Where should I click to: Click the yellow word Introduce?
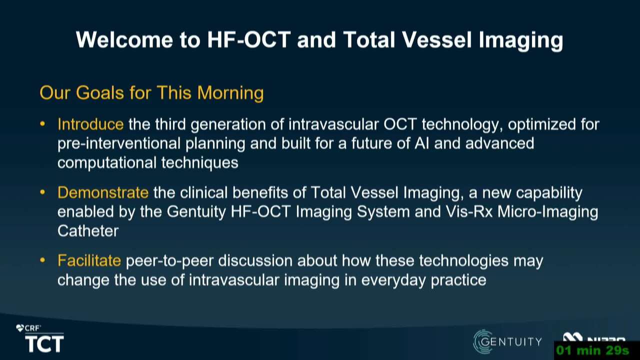point(90,124)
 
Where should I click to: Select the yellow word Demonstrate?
point(103,192)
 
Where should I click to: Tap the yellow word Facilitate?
point(89,260)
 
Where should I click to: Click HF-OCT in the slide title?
point(249,39)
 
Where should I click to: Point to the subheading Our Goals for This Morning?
point(151,93)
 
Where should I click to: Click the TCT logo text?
point(44,343)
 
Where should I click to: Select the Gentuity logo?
point(507,341)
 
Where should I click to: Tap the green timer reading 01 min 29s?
point(592,350)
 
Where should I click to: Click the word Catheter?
point(88,231)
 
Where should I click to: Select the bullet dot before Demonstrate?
point(42,192)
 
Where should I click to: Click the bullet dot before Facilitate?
point(42,260)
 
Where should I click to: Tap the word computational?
point(107,163)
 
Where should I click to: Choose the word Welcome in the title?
point(124,39)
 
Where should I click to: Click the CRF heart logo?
point(20,328)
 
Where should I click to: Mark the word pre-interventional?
point(119,143)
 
